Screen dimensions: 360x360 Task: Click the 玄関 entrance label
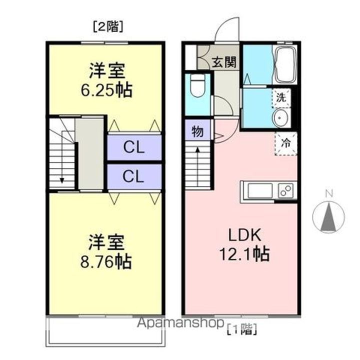tap(224, 62)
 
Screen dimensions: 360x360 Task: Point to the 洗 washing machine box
tap(281, 98)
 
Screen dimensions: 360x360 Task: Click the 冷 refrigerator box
tap(286, 143)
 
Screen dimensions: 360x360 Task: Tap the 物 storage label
tap(197, 132)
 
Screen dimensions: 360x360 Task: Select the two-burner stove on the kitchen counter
tap(286, 190)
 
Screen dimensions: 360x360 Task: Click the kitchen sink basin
tap(259, 190)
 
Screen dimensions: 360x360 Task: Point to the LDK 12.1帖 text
tap(244, 244)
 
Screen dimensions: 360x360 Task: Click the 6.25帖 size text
tap(106, 90)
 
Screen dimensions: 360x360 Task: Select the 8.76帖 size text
tap(106, 261)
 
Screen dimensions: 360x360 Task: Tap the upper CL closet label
tap(134, 147)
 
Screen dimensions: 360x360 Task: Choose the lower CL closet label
tap(133, 176)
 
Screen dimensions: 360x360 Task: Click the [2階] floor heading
tap(108, 26)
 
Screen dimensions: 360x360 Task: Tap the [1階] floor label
tap(242, 329)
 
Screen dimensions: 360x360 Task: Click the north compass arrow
tap(328, 216)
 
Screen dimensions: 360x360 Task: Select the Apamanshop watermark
tap(180, 323)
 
